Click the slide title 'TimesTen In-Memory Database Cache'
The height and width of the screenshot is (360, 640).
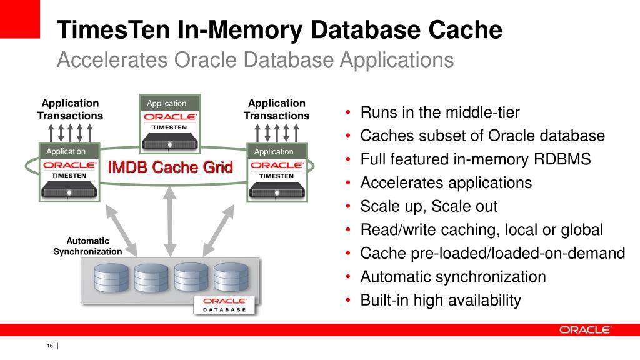pos(279,31)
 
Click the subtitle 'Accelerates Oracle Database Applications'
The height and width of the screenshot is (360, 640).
pos(255,61)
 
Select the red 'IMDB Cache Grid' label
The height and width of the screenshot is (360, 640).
pos(171,167)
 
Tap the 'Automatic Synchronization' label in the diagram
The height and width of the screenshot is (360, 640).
pos(87,246)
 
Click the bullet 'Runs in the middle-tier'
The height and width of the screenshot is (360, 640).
pos(440,113)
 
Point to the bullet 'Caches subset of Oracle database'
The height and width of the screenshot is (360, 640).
pos(482,136)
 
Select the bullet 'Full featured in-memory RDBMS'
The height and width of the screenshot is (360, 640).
pos(476,159)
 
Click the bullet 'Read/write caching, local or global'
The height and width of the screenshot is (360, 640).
pos(482,230)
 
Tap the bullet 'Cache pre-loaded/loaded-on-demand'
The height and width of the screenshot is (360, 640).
pos(492,253)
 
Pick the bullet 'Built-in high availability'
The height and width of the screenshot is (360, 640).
pos(441,300)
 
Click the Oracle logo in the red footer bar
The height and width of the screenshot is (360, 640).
pos(585,330)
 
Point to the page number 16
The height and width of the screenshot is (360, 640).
pos(49,347)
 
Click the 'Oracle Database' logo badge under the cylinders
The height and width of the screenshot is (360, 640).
pos(224,304)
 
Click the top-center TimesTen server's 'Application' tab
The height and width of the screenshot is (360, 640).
pos(166,103)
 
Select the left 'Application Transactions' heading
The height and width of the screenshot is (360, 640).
pos(70,109)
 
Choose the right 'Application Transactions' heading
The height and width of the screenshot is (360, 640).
pos(277,109)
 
